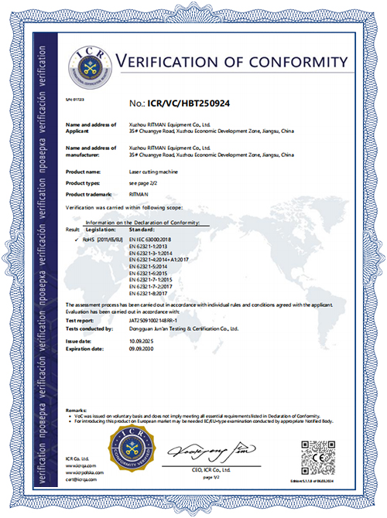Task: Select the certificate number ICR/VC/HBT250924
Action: pos(187,101)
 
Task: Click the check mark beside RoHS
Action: pos(74,241)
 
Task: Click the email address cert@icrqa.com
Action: pos(80,481)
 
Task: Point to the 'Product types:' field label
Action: pos(87,182)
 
